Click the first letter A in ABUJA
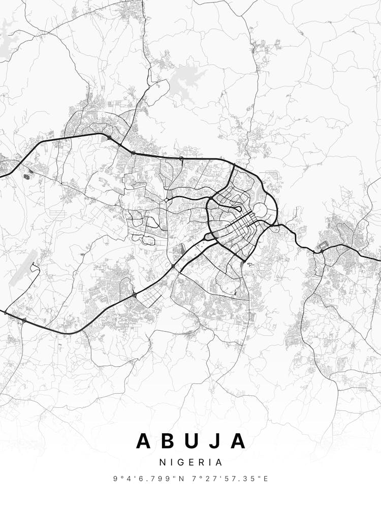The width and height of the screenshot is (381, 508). coord(144,441)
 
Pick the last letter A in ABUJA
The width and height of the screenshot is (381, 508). coord(238,441)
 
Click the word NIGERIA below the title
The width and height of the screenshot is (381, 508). coord(190,463)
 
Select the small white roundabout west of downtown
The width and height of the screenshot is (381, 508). coord(167,200)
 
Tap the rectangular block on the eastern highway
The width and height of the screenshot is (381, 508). coord(321,250)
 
